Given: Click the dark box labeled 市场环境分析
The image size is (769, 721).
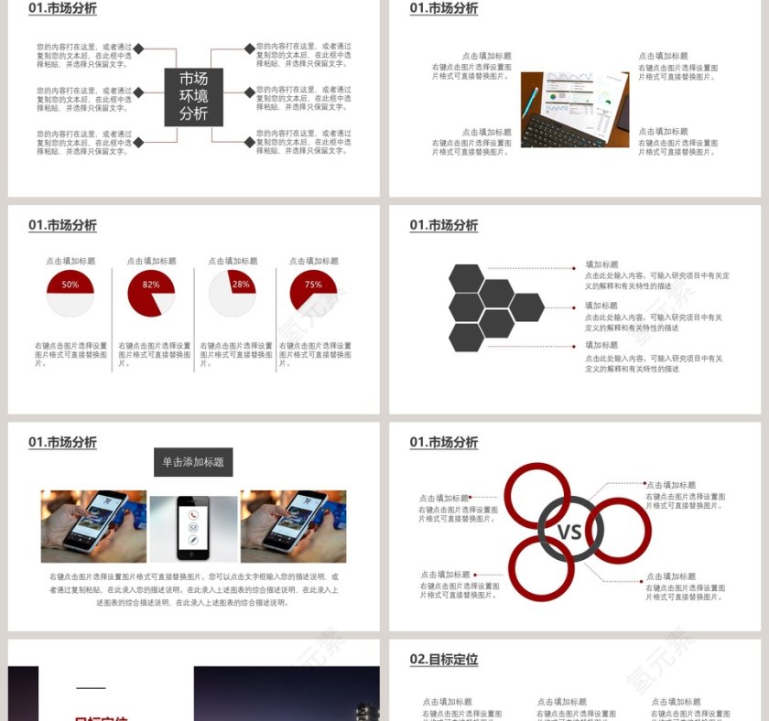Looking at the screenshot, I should point(193,96).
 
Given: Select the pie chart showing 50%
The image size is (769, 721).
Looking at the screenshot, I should point(70,293).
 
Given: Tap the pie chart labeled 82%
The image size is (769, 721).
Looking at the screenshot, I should point(151,293).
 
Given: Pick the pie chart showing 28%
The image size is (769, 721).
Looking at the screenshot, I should point(232,293).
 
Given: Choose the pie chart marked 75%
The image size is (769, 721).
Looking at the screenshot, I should point(313,292).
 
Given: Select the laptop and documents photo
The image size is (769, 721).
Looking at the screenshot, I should point(574,109).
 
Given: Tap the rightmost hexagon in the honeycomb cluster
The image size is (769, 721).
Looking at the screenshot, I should point(526,307).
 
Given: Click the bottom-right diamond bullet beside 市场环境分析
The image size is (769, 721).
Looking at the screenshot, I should point(249,142).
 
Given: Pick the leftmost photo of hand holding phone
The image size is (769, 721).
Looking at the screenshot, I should point(93,526).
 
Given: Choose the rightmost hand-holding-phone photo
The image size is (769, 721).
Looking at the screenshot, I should point(293,526).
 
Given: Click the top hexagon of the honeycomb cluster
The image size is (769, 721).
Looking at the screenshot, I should point(467,278).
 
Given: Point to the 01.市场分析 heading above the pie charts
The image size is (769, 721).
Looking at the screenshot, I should point(62,225).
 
